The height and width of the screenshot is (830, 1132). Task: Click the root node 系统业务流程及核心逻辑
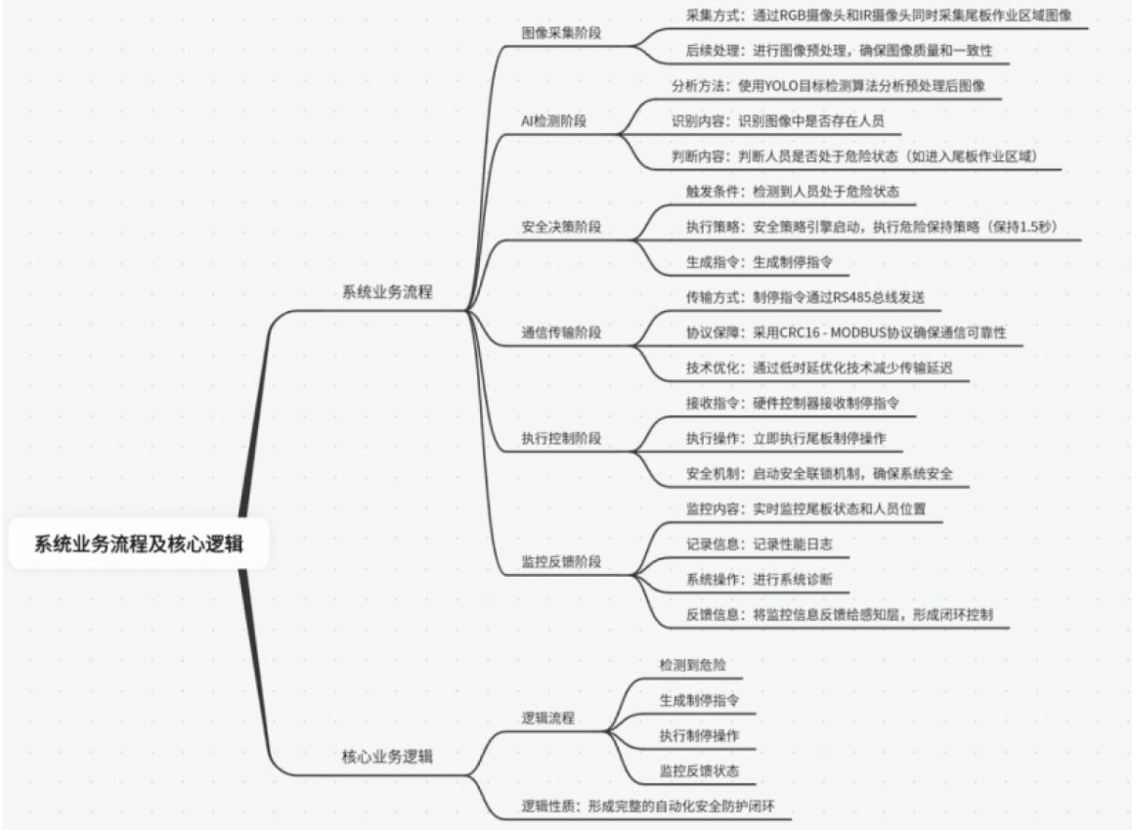click(x=139, y=545)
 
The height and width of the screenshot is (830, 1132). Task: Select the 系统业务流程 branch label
click(x=387, y=292)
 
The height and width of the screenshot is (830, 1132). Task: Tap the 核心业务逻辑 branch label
click(x=387, y=756)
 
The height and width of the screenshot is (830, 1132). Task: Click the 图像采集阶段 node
click(x=561, y=32)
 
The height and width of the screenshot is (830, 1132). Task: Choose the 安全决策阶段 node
click(x=561, y=227)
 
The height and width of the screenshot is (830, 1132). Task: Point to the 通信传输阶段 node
click(x=561, y=332)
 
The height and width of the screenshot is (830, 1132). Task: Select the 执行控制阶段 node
click(x=561, y=438)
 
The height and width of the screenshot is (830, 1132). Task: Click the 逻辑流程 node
click(x=548, y=719)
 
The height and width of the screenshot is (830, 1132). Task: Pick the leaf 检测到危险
click(x=693, y=665)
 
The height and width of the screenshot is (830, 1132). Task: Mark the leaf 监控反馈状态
click(x=699, y=770)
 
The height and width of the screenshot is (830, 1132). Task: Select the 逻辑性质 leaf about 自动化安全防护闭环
click(x=654, y=807)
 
